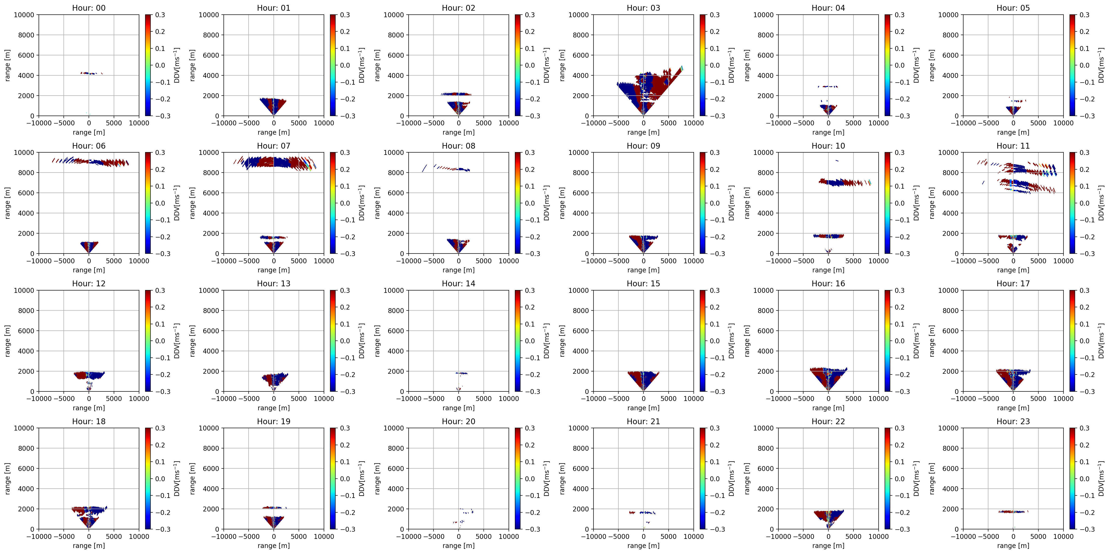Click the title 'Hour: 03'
(643, 8)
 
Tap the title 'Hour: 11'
(1013, 146)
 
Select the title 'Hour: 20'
(458, 421)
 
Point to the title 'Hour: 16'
(828, 284)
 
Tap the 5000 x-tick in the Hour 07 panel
(299, 261)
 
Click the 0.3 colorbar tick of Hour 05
(1085, 15)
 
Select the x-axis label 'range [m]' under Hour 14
(458, 408)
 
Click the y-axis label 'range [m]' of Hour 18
(7, 479)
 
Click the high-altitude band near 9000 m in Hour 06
(90, 162)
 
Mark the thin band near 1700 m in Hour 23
(1013, 512)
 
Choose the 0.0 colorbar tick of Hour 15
(715, 341)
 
